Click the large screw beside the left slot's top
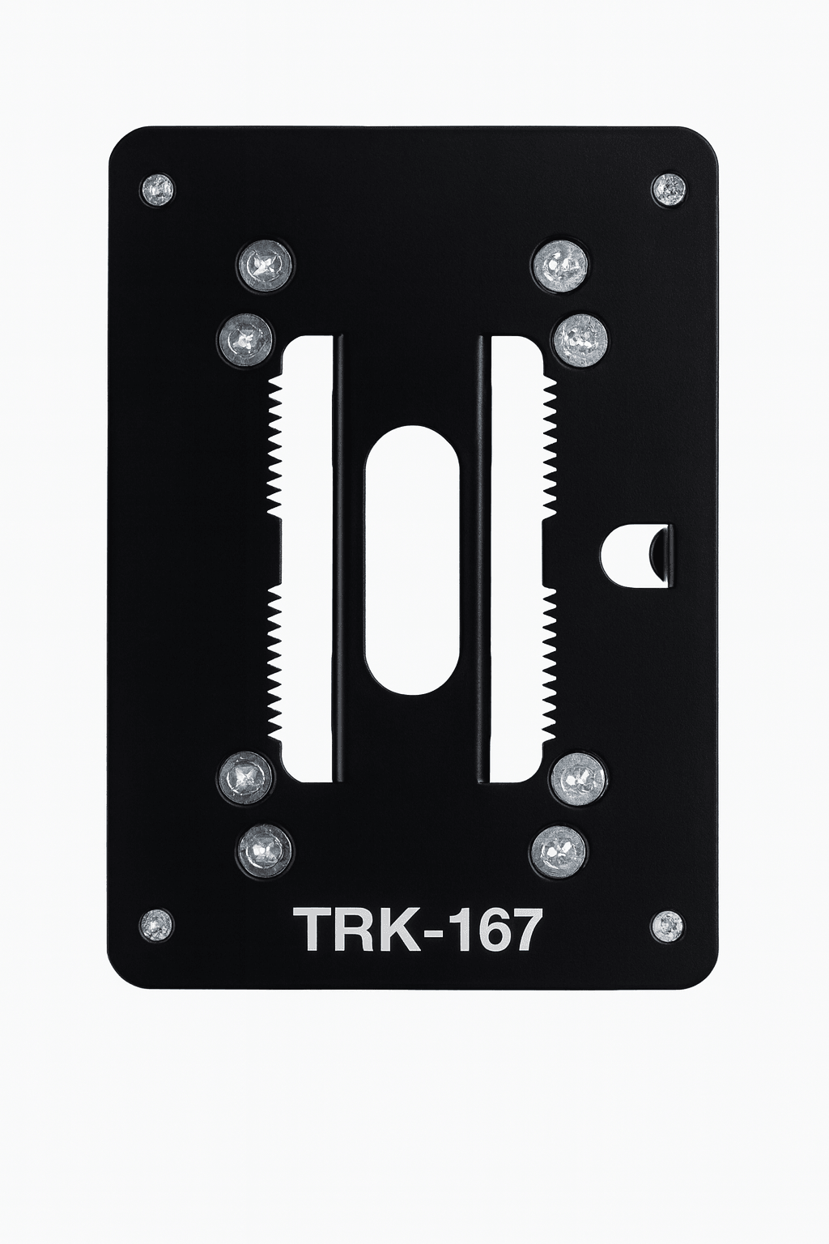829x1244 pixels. coord(244,338)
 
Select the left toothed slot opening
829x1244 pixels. coord(308,558)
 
